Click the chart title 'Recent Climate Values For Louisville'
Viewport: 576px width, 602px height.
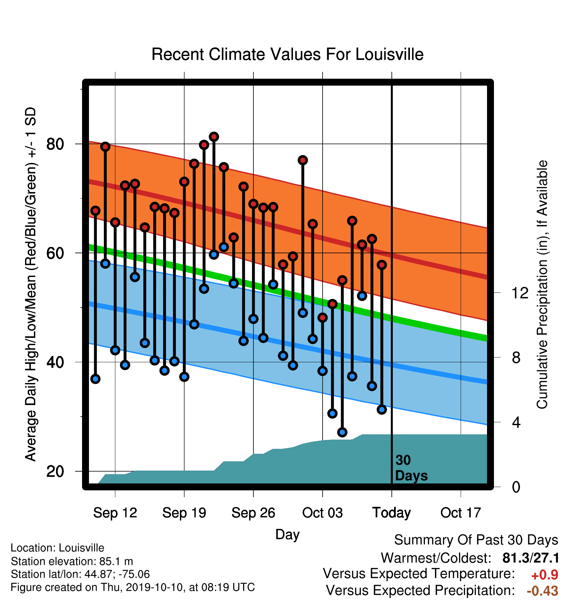pyautogui.click(x=287, y=54)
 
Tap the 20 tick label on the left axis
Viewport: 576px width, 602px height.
pyautogui.click(x=55, y=471)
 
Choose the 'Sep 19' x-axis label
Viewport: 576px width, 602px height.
pyautogui.click(x=184, y=513)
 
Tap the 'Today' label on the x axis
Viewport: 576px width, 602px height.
pyautogui.click(x=391, y=513)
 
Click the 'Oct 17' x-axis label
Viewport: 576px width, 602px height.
pyautogui.click(x=461, y=513)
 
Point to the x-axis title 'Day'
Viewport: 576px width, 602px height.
pyautogui.click(x=287, y=535)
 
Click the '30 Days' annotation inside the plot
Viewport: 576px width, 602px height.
pyautogui.click(x=411, y=468)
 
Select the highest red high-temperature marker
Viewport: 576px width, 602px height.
pyautogui.click(x=214, y=137)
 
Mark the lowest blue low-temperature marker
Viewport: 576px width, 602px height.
pyautogui.click(x=342, y=432)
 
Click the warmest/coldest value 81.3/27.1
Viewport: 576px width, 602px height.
pyautogui.click(x=531, y=558)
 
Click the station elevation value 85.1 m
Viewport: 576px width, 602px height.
pyautogui.click(x=116, y=561)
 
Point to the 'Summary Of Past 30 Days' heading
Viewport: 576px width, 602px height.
pyautogui.click(x=476, y=540)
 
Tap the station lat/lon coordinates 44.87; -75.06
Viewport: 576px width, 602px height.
pyautogui.click(x=117, y=574)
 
